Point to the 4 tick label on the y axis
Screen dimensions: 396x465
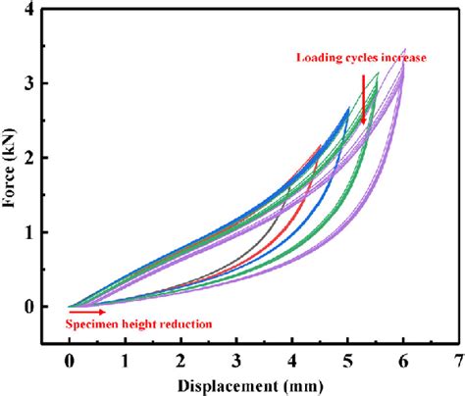28,9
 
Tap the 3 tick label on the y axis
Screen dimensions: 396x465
28,83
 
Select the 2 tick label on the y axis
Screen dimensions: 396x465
28,158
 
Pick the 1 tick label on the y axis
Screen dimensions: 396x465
28,232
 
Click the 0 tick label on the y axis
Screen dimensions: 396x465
28,307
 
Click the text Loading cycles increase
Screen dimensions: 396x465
361,58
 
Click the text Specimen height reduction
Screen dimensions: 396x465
137,322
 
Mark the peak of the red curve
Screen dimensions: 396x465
320,145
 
